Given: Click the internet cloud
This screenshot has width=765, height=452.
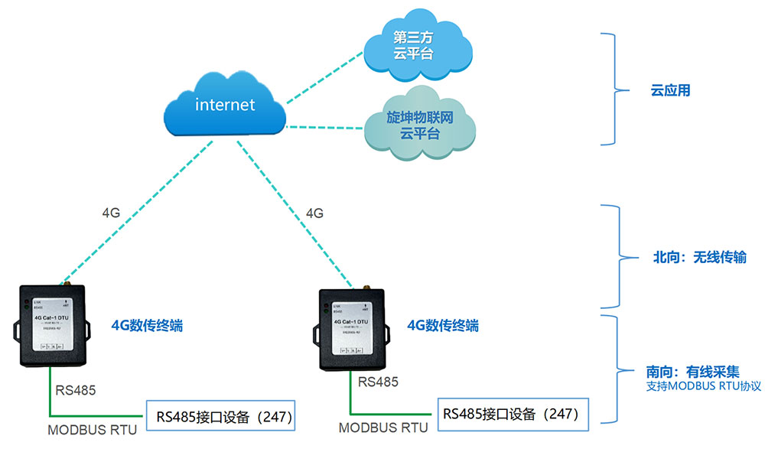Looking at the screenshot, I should (225, 105).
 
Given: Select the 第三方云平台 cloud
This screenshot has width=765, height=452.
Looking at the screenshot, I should (413, 45).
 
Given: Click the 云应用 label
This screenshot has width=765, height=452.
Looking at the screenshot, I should (670, 90).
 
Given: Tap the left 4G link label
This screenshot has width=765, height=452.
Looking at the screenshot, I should (111, 212).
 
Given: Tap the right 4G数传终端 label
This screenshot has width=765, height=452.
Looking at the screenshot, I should (442, 325).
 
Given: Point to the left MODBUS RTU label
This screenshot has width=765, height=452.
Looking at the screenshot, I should (92, 430).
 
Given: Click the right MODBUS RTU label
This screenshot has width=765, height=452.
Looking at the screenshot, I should (383, 428).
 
